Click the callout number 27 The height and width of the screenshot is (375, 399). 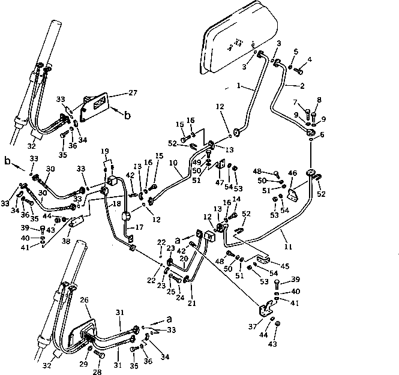coord(132,93)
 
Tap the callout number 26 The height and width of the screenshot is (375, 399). coord(84,300)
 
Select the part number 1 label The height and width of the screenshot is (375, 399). coord(238,86)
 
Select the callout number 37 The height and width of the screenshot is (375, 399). coord(252,326)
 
